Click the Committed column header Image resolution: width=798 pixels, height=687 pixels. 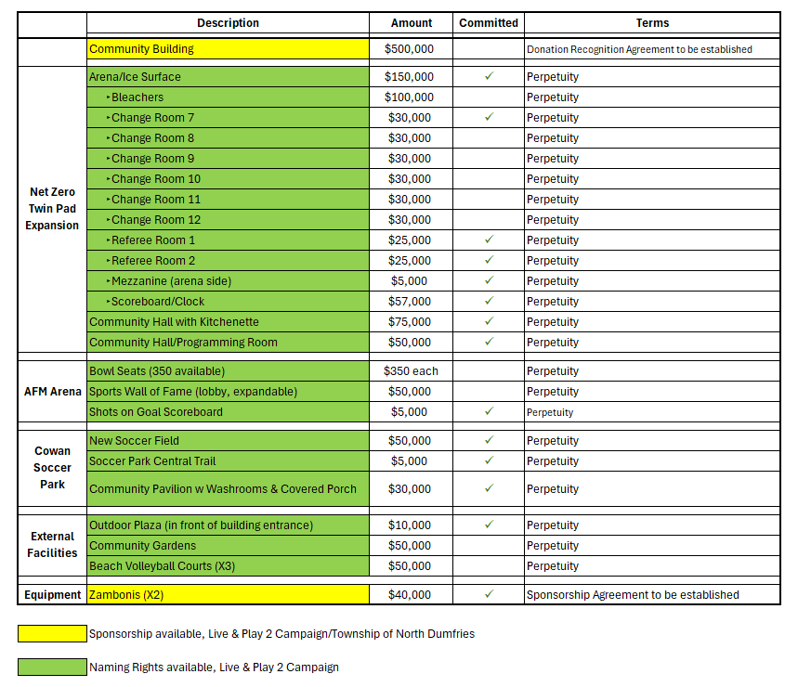pos(489,23)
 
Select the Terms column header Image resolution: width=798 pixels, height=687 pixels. pos(652,23)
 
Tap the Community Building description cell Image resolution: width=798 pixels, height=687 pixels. pos(228,49)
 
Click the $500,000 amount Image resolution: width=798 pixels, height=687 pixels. pos(409,49)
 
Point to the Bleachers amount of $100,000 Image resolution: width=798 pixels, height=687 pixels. pos(409,97)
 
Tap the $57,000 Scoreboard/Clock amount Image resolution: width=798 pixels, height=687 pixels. pos(409,302)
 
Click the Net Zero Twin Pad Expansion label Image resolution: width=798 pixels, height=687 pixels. pos(52,209)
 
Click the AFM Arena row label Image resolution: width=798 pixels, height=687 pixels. pos(52,392)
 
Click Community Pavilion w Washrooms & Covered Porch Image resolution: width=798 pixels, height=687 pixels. pos(223,489)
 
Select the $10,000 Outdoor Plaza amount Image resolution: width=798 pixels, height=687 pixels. pos(409,525)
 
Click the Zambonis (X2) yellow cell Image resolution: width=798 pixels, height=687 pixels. pos(228,595)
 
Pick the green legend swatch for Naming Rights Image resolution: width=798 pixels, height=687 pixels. pos(52,668)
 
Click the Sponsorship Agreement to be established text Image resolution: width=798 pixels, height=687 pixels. pos(633,595)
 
